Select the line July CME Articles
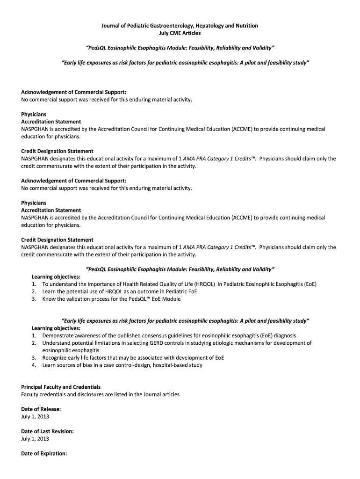180,33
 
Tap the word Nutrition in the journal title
244,26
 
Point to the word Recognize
56,358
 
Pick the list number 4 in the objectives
34,365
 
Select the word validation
74,299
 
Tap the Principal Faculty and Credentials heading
61,387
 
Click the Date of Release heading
41,409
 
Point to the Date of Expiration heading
44,453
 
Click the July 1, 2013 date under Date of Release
35,416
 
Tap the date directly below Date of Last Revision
35,439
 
